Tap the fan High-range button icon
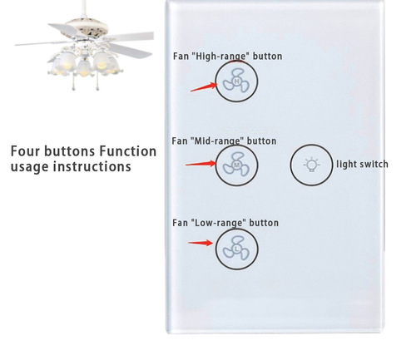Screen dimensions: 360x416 [236, 81]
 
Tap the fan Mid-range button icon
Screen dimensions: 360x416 [236, 165]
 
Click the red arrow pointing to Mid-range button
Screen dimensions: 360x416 [200, 164]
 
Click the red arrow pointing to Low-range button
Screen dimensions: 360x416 [200, 243]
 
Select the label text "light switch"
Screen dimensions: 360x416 [362, 165]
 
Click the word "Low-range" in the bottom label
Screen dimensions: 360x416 [222, 223]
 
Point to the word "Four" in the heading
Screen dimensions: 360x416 [26, 151]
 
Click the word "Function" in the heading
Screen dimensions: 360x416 [127, 151]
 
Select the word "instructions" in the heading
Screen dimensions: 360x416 [92, 166]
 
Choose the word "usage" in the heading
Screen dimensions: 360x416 [30, 166]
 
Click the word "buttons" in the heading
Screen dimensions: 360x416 [70, 151]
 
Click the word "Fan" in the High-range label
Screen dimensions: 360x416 [181, 57]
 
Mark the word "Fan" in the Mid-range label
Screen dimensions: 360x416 [180, 141]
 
